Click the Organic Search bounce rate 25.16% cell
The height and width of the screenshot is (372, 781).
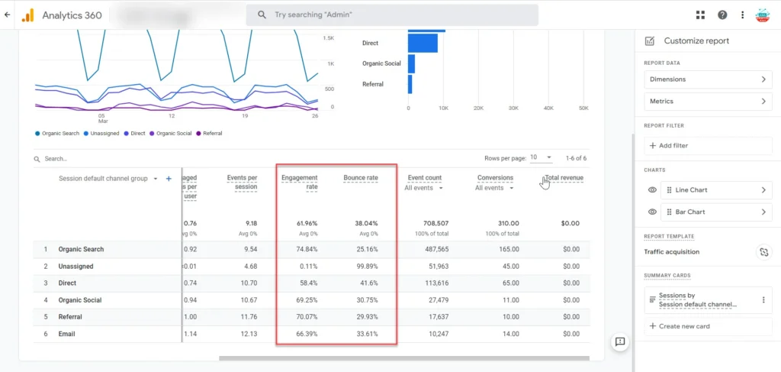coord(366,250)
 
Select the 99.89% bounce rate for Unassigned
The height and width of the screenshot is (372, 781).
coord(366,267)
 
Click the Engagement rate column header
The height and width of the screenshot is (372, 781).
coord(300,182)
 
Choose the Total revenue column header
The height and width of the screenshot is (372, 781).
coord(564,178)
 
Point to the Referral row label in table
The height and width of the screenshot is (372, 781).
coord(70,317)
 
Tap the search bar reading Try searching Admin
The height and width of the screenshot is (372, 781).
coord(392,15)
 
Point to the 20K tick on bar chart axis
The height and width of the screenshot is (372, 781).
coord(478,108)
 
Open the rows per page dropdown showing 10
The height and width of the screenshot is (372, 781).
coord(542,158)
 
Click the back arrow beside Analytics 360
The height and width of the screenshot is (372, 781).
coord(8,15)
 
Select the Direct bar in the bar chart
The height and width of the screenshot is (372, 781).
coord(423,44)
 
